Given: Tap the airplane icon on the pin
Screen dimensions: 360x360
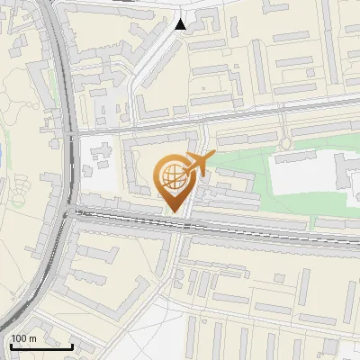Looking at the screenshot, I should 197,164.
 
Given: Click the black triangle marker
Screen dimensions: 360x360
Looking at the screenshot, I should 181,24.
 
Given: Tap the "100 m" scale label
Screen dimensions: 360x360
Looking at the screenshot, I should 24,338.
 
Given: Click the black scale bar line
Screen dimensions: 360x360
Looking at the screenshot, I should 41,346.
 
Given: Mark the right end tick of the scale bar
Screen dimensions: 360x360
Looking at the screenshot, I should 72,345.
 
